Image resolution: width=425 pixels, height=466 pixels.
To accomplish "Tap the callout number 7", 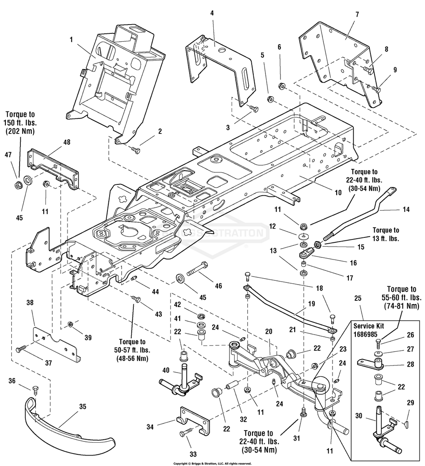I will pos(357,14).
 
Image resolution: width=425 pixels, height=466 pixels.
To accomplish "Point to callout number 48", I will pos(67,142).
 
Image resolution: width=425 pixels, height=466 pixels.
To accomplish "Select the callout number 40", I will pos(166,370).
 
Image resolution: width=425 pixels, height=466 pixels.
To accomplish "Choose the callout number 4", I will pos(212,13).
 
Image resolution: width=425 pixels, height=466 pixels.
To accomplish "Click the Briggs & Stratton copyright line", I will pos(212,463).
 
